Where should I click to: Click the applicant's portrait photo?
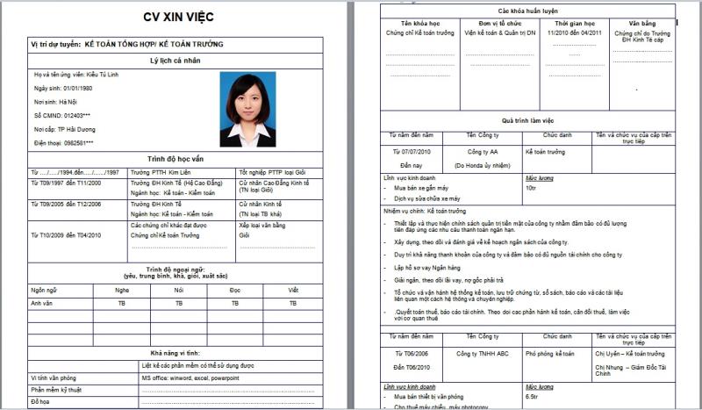click(x=247, y=109)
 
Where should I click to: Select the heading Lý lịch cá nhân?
click(x=183, y=60)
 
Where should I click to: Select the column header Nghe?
click(x=122, y=289)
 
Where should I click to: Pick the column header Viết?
click(x=293, y=289)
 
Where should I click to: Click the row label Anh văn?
click(x=43, y=303)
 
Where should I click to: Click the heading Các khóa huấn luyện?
click(x=528, y=9)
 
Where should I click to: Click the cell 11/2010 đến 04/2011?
click(x=581, y=32)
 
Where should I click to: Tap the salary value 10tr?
click(x=531, y=188)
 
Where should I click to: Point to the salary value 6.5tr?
click(x=533, y=397)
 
